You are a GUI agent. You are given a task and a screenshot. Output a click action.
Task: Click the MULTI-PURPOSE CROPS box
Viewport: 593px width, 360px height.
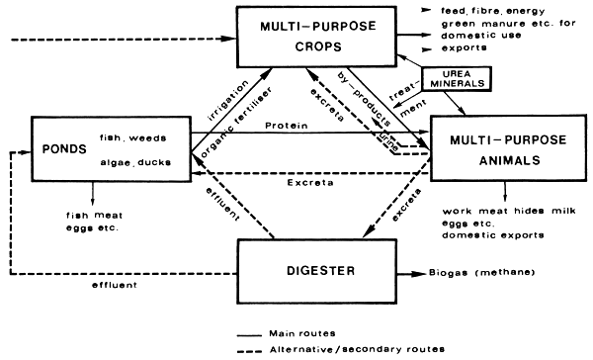pyautogui.click(x=316, y=37)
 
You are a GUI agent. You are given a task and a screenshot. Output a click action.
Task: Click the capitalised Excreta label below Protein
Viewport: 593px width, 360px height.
pyautogui.click(x=316, y=183)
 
